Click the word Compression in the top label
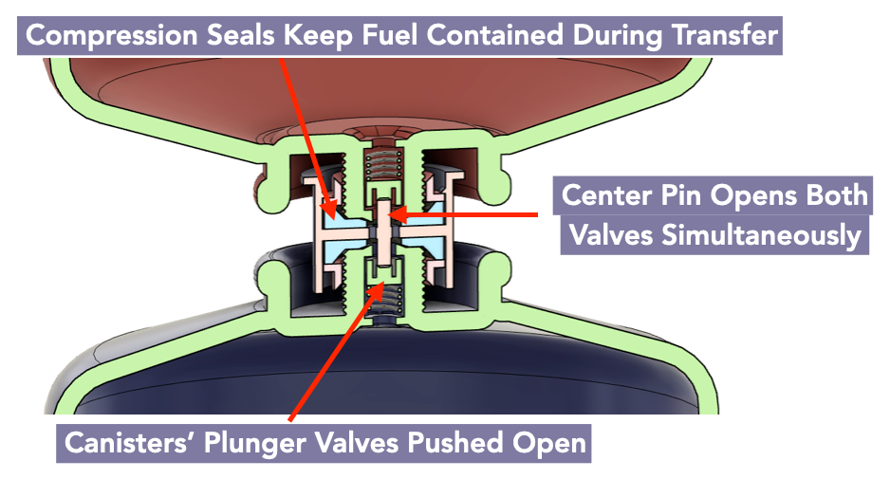click(x=112, y=36)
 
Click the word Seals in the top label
click(x=240, y=34)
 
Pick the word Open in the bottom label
click(x=549, y=444)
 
